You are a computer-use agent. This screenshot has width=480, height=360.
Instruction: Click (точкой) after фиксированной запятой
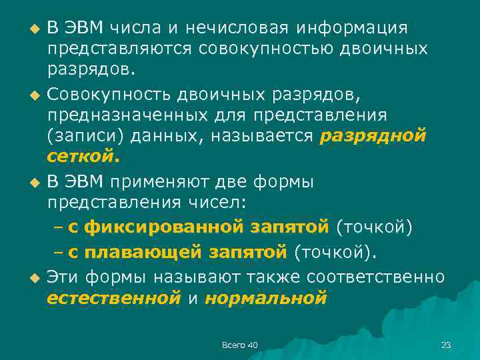point(375,227)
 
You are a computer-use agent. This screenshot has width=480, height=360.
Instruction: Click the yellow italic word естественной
point(114,297)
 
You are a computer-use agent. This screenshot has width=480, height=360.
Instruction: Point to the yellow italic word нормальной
point(265,297)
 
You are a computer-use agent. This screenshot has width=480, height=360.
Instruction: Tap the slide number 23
point(446,345)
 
